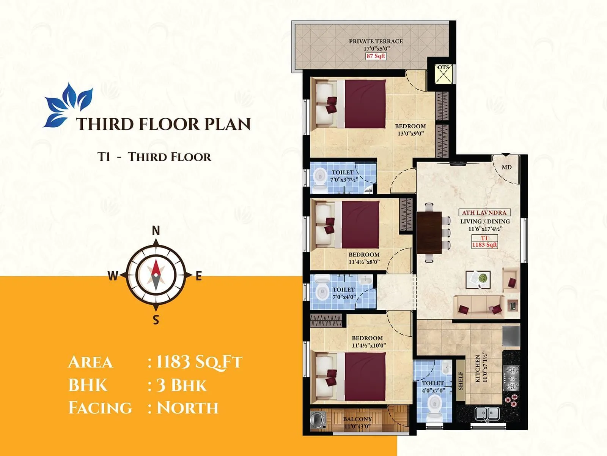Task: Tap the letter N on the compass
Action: pos(156,230)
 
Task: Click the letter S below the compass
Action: pos(156,320)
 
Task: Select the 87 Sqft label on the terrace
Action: pos(376,56)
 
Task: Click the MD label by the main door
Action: pos(506,167)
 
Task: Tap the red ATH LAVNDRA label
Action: pos(484,213)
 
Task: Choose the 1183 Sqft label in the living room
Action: pos(484,245)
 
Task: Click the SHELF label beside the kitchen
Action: pos(461,381)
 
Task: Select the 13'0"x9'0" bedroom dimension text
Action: pos(410,133)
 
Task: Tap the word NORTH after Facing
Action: pos(187,408)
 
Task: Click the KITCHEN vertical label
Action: pos(478,369)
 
